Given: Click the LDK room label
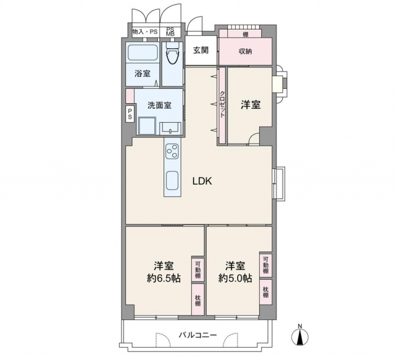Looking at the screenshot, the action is [x=202, y=181].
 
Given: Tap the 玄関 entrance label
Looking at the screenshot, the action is [x=201, y=51].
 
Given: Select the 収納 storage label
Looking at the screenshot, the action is [x=245, y=51].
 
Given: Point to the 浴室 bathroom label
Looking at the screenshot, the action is [x=143, y=73].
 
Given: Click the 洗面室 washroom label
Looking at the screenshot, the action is [x=159, y=105].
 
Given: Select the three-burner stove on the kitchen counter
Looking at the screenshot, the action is [x=172, y=151].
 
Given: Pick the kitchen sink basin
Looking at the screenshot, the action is [x=172, y=181].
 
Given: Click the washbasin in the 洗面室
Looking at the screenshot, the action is [x=171, y=128].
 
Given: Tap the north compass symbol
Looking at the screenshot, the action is [x=300, y=335].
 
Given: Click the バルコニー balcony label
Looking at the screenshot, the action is [x=197, y=335].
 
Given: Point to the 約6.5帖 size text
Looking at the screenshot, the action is [x=164, y=278].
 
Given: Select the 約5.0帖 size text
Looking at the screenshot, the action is [x=235, y=278].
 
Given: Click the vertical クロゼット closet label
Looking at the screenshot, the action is [x=222, y=104].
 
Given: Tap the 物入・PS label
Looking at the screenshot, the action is [x=145, y=32].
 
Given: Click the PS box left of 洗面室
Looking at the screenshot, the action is [x=130, y=114].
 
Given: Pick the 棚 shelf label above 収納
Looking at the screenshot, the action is [x=245, y=35].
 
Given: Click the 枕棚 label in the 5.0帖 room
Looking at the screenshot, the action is [x=265, y=292].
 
